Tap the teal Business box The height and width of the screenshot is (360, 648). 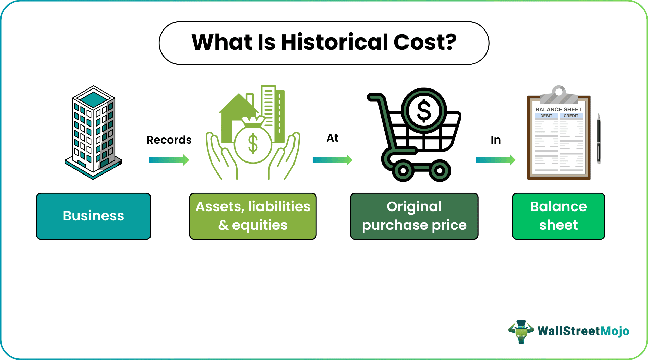(94, 216)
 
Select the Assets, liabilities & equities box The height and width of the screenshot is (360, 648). (253, 216)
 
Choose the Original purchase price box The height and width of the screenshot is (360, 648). (414, 216)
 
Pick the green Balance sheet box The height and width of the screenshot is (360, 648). (559, 216)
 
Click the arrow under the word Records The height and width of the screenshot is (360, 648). (169, 160)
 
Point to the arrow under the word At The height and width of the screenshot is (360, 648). (332, 160)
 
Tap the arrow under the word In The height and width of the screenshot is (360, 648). (495, 160)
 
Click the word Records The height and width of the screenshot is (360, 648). (169, 140)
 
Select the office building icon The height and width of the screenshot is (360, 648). (94, 132)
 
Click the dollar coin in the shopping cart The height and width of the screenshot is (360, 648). (424, 110)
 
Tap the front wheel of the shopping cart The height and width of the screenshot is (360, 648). (403, 170)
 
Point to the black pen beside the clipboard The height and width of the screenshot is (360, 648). (599, 139)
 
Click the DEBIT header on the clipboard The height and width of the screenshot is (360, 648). (546, 116)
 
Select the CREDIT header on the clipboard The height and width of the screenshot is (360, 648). (571, 116)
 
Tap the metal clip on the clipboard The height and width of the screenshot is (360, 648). (559, 95)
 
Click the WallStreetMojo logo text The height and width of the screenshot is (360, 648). (583, 331)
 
